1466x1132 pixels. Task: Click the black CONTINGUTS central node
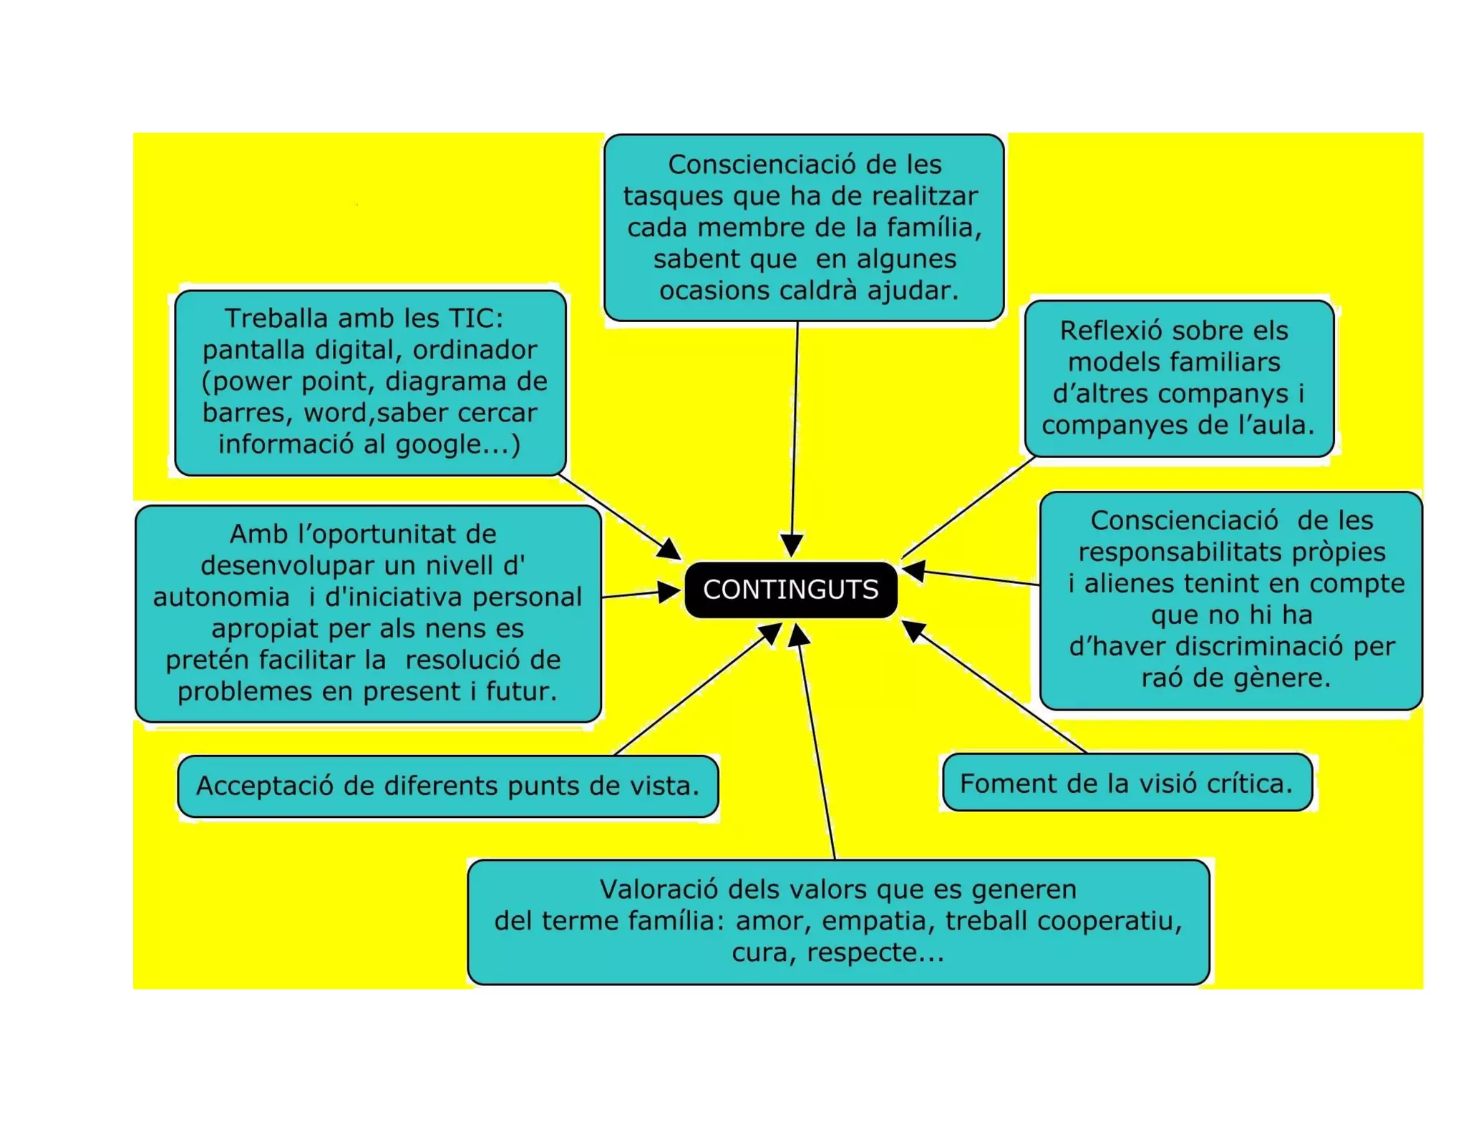[790, 590]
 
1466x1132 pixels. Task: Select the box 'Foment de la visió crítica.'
[1127, 783]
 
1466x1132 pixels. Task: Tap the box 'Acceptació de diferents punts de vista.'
[447, 786]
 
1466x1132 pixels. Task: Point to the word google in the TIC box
[436, 445]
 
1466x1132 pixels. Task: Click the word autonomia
[221, 597]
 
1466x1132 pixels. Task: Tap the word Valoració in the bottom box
[659, 889]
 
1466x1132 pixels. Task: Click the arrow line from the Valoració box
[816, 744]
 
